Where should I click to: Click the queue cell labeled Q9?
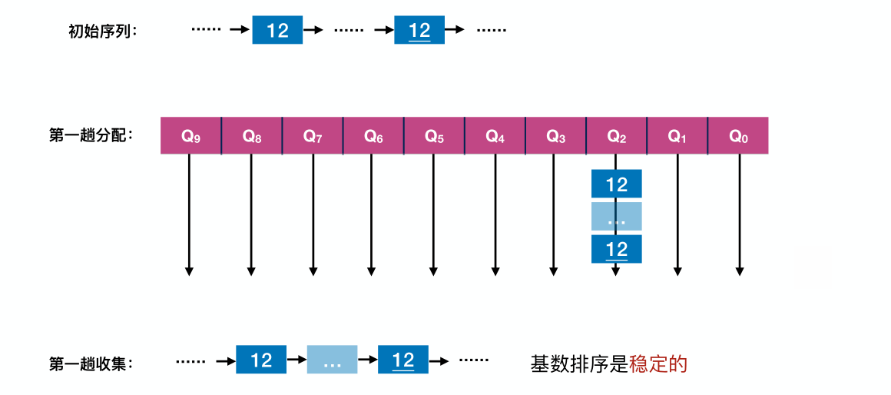[190, 136]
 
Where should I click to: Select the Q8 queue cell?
[251, 136]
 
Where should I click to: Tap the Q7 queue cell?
[312, 136]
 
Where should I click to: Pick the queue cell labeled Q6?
[373, 136]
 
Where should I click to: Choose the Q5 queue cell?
[434, 136]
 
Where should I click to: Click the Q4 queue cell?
[495, 136]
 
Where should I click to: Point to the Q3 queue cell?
[555, 136]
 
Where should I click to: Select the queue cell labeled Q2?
[616, 136]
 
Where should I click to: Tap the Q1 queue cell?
[677, 136]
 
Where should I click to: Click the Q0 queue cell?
[738, 136]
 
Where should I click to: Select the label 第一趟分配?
[91, 136]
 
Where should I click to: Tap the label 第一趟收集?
[91, 363]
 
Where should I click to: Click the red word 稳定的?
[657, 363]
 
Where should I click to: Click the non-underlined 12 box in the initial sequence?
[277, 30]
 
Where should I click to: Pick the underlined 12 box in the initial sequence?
[419, 30]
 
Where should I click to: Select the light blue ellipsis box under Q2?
[616, 217]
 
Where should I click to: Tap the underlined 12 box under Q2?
[616, 249]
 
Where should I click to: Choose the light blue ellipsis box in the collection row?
[332, 360]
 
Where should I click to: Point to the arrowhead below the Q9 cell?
[189, 271]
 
